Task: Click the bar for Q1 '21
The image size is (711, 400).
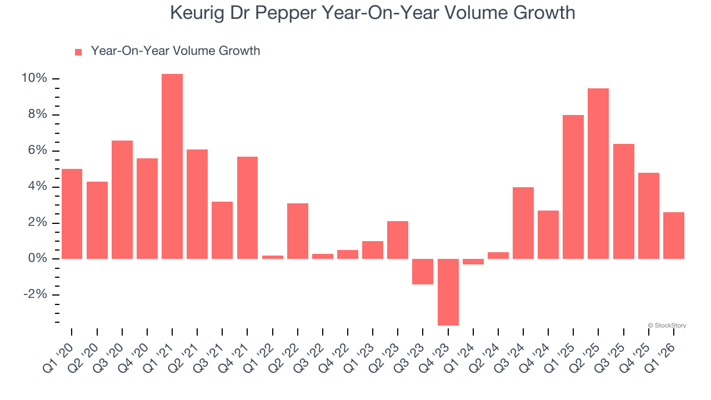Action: (172, 166)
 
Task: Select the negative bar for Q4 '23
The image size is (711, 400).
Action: (448, 292)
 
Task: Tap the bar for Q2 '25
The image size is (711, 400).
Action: (598, 173)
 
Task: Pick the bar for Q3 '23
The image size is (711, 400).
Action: (423, 272)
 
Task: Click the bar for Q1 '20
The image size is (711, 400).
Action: (72, 214)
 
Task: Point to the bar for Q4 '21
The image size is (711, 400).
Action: (247, 208)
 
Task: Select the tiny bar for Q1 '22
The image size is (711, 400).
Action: (272, 257)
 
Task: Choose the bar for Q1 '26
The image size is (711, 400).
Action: (673, 236)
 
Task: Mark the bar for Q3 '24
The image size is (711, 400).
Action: (523, 223)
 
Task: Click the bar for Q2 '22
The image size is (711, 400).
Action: (298, 231)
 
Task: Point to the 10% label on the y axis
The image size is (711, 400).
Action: (34, 79)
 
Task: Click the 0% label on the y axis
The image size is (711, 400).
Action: (37, 259)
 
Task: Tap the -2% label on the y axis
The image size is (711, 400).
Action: (35, 295)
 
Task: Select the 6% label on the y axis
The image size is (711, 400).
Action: (37, 151)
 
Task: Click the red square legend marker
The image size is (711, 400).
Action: (78, 52)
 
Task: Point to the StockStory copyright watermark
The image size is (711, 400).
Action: (667, 326)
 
